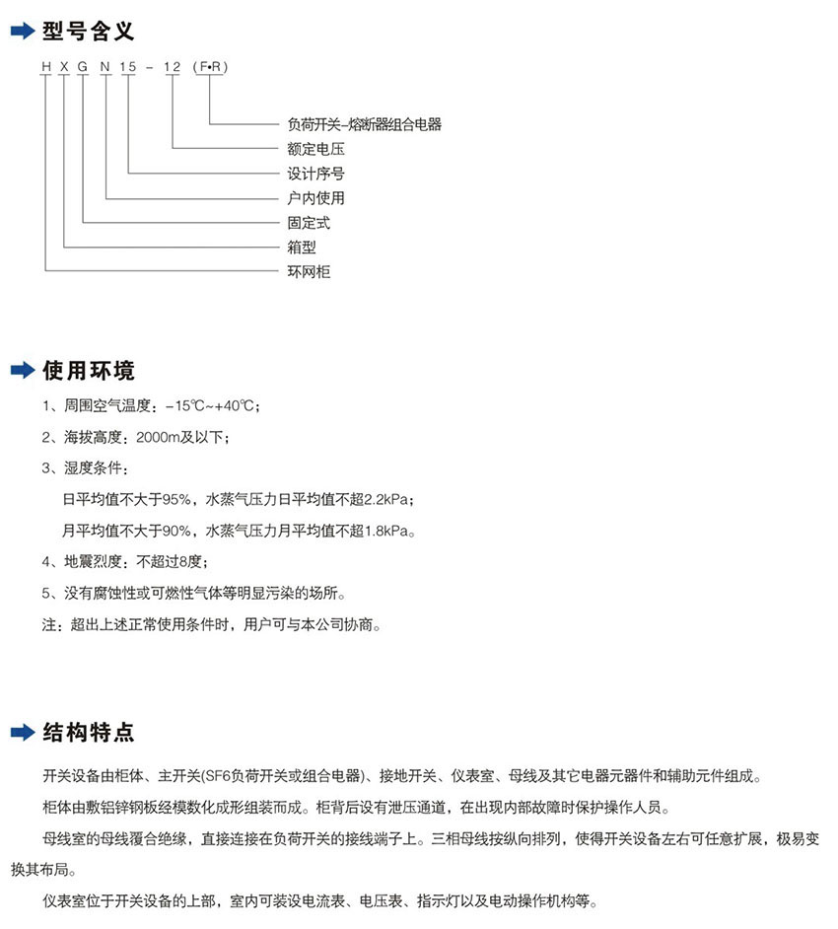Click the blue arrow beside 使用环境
(x=22, y=372)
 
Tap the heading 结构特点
(x=87, y=733)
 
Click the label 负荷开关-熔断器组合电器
(x=364, y=124)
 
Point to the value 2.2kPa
(x=385, y=500)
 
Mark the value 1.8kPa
(x=385, y=531)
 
